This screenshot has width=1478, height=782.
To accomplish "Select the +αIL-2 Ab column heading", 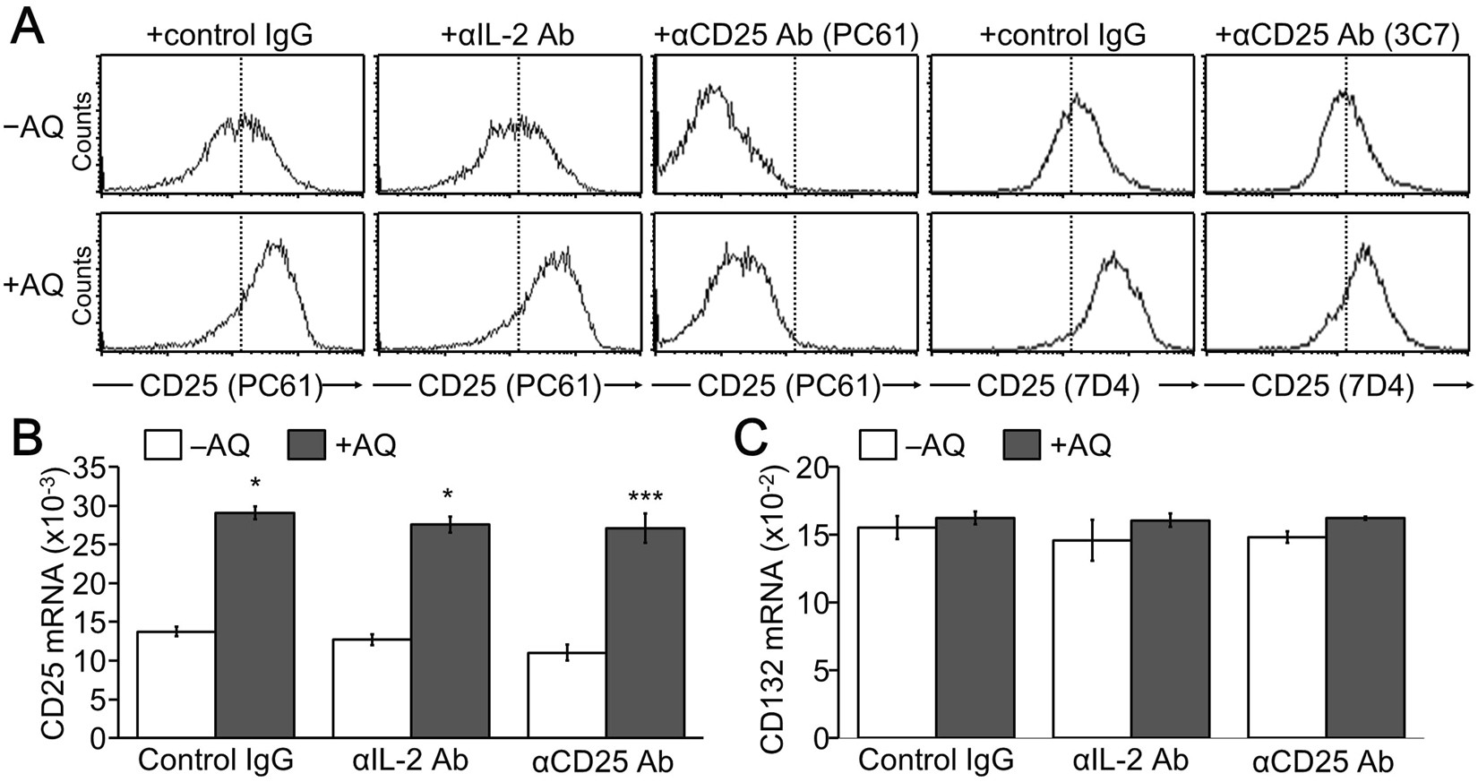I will click(x=508, y=36).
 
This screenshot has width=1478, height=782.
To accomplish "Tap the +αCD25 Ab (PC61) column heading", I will click(x=786, y=36).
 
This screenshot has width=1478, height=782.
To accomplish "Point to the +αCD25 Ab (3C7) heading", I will click(x=1337, y=36).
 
